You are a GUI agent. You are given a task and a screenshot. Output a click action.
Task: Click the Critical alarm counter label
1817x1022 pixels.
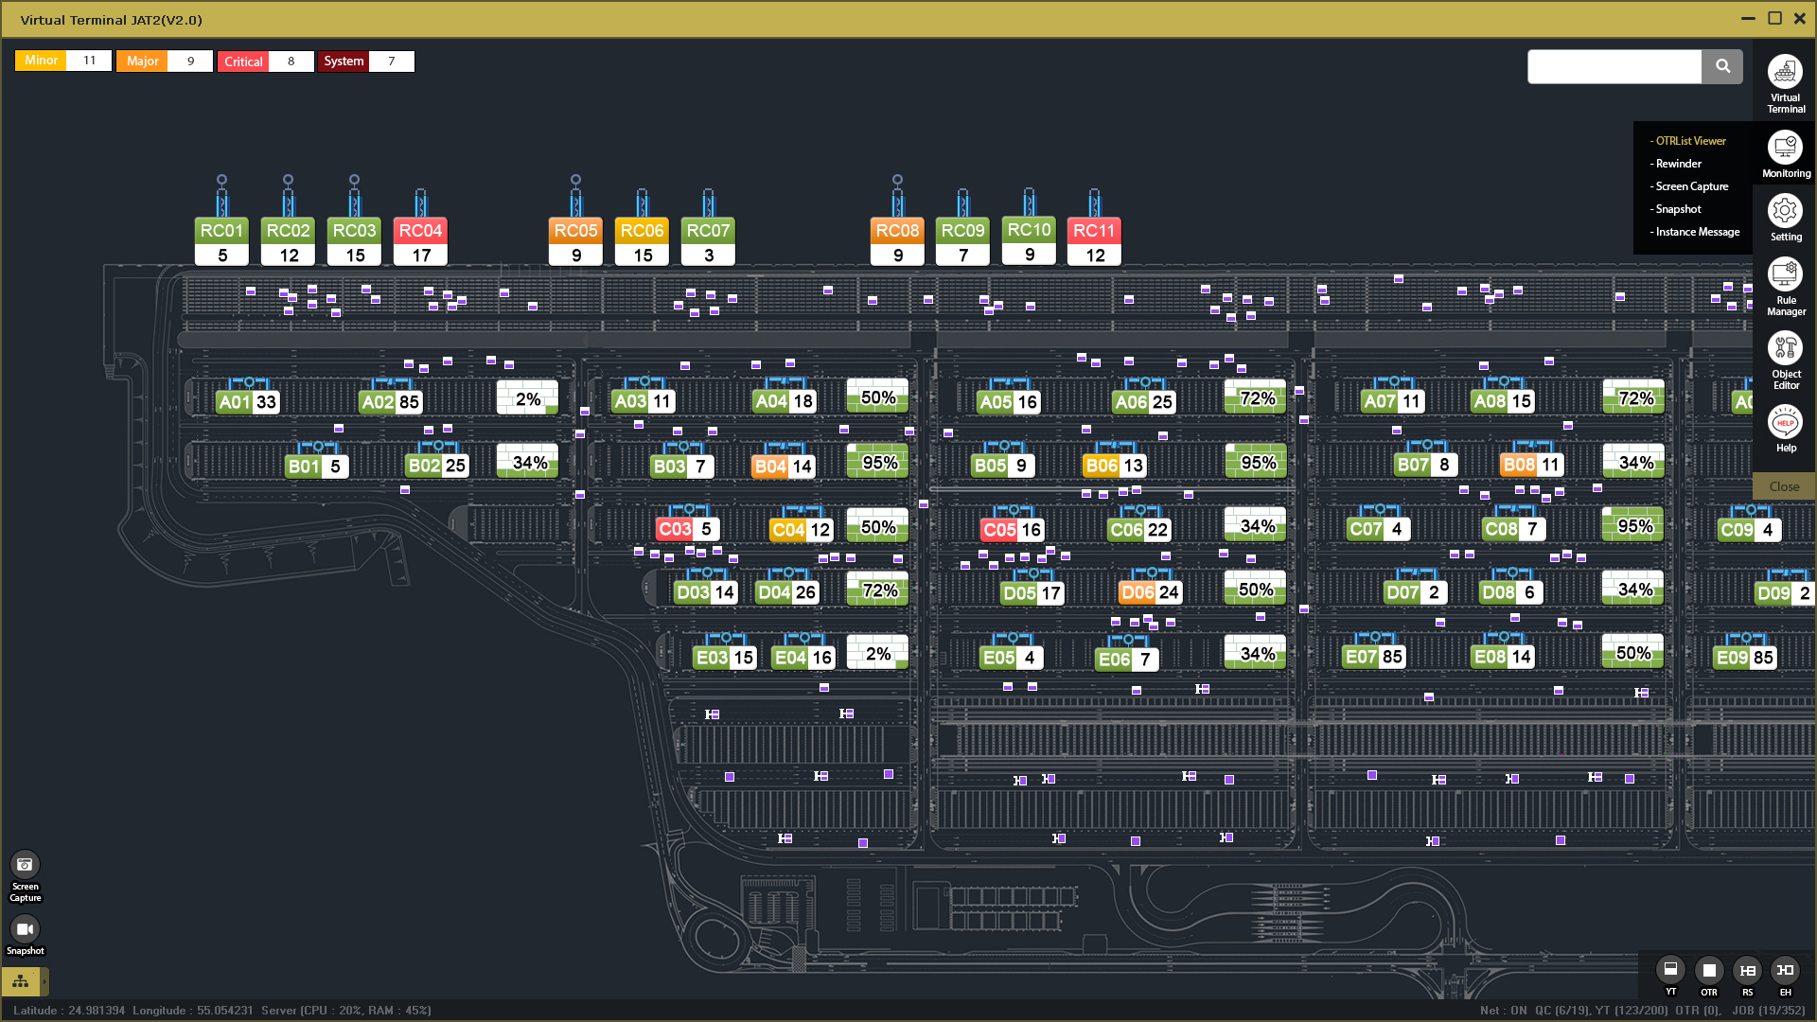(243, 62)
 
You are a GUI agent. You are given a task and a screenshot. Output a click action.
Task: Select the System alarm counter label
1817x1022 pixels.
(344, 62)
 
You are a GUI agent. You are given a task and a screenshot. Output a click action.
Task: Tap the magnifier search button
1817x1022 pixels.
(1722, 66)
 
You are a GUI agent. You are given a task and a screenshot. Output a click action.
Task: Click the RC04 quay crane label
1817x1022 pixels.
(420, 231)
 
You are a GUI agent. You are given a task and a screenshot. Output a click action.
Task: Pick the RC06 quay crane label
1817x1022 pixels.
(642, 231)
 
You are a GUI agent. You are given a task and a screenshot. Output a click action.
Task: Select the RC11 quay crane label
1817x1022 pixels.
(1094, 231)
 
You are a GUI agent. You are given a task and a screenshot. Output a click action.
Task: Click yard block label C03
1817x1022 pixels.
(675, 529)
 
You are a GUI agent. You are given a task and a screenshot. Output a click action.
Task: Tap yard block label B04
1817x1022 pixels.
(770, 467)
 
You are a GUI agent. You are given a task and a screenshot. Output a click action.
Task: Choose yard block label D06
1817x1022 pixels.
(1138, 592)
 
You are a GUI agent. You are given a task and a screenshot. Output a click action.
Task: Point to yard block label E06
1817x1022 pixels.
(1114, 660)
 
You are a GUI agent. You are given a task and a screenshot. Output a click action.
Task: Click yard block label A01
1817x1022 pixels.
(234, 402)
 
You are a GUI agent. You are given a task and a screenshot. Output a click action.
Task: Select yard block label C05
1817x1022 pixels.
(999, 530)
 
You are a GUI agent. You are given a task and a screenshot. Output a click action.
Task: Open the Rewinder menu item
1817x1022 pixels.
(1678, 164)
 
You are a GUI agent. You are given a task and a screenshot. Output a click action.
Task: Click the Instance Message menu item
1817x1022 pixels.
(1697, 232)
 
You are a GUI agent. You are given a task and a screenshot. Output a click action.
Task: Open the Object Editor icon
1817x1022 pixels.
(1785, 348)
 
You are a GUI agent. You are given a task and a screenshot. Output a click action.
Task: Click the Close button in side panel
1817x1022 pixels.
(1784, 486)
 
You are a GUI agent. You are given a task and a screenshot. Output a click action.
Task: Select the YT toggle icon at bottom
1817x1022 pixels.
(1670, 970)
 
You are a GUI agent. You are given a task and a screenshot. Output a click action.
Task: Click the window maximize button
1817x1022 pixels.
(1775, 18)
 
